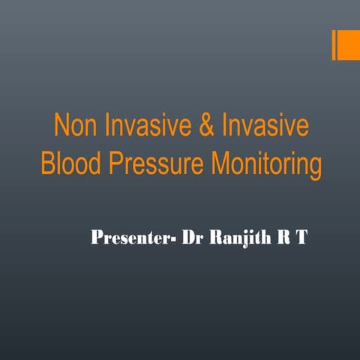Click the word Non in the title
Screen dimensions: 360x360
[x=75, y=126]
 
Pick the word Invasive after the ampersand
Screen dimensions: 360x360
[x=255, y=126]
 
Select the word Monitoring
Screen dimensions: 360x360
[x=262, y=164]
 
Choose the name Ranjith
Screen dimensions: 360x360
[x=238, y=239]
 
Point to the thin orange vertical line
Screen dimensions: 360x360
[x=334, y=44]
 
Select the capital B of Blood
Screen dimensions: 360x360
[x=48, y=163]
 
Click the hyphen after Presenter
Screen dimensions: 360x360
[x=177, y=241]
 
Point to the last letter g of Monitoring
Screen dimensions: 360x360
[x=315, y=166]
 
